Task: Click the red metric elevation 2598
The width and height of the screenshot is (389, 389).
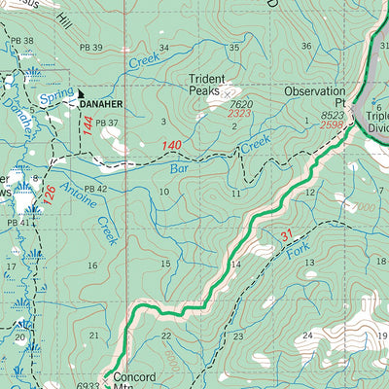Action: [x=332, y=124]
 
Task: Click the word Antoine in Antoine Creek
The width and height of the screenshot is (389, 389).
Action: [x=75, y=194]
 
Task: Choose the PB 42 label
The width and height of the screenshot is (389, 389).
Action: [x=95, y=188]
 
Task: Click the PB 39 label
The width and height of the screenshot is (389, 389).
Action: [x=91, y=48]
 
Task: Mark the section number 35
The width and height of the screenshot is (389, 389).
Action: [x=233, y=48]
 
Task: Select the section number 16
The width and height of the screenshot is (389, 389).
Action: [x=92, y=265]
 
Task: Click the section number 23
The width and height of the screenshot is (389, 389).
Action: [x=237, y=336]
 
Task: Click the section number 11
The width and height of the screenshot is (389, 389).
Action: [x=236, y=194]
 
